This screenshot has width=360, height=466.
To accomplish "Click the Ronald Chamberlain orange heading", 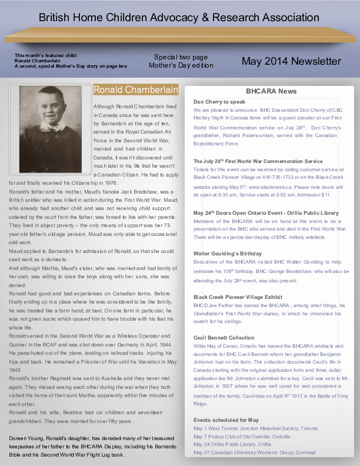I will click(x=136, y=90).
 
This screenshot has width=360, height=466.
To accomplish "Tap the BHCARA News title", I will click(x=271, y=91).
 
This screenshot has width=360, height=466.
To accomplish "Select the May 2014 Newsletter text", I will click(x=291, y=61).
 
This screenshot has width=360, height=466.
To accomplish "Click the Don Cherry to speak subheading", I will click(x=219, y=101).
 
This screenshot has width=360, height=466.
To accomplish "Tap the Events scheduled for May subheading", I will click(x=226, y=420).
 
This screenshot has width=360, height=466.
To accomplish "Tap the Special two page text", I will click(x=181, y=57).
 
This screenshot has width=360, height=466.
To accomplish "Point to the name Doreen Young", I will click(x=26, y=438).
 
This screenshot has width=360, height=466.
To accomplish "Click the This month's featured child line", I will click(x=46, y=55).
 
